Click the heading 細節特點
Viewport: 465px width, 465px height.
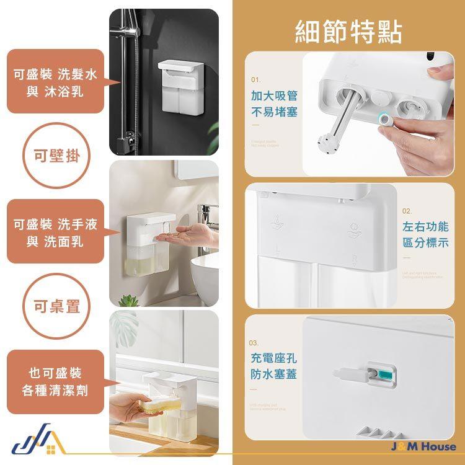click(348, 31)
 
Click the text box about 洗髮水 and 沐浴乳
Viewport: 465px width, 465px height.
click(55, 82)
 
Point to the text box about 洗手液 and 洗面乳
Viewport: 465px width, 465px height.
click(55, 232)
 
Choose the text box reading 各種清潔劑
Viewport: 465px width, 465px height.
click(55, 382)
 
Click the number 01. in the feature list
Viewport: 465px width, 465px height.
click(256, 80)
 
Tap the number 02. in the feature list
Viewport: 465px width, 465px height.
click(407, 211)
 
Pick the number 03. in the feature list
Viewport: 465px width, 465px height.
click(254, 343)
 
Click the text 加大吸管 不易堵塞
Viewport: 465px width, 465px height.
click(275, 104)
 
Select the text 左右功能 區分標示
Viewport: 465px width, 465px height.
click(425, 234)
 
